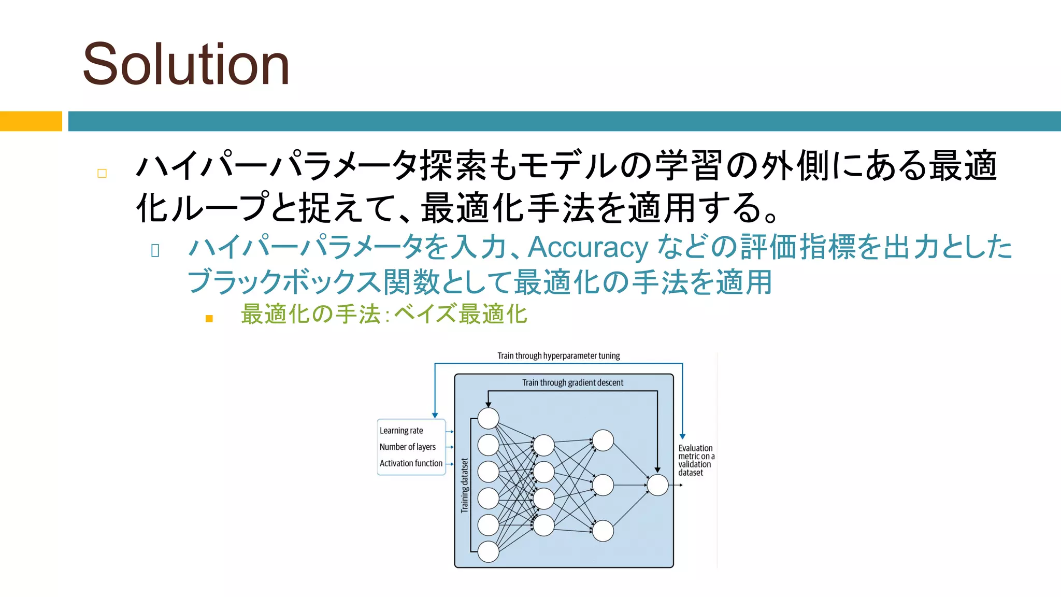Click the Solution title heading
(x=185, y=64)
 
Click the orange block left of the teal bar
(x=31, y=121)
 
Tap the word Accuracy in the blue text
(x=587, y=247)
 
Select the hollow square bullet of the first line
(x=102, y=174)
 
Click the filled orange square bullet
(x=209, y=318)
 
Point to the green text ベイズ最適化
(x=460, y=314)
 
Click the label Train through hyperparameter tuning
(x=558, y=356)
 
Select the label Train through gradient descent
(x=572, y=382)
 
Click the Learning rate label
(x=401, y=431)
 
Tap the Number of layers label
(x=407, y=447)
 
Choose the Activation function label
(x=411, y=463)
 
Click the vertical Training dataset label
(x=465, y=486)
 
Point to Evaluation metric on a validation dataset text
(x=696, y=460)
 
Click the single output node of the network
(x=657, y=485)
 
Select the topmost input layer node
(x=488, y=418)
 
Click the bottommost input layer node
(x=488, y=552)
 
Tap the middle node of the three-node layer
(x=603, y=485)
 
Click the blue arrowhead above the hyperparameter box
(x=435, y=415)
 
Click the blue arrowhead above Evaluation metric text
(x=682, y=436)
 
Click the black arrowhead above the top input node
(x=488, y=404)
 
